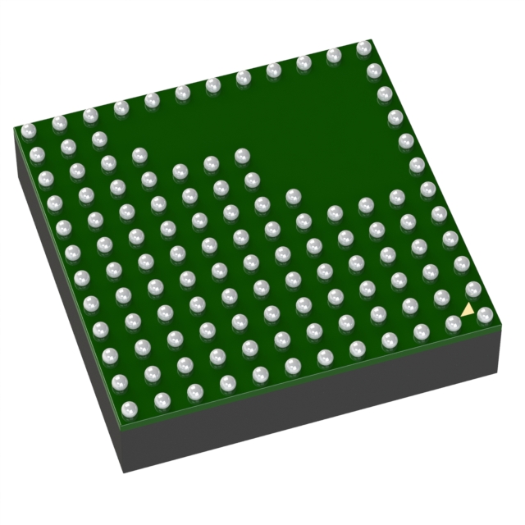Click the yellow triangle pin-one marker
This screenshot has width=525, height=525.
pos(467,310)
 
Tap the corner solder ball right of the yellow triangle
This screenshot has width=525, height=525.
pos(485,316)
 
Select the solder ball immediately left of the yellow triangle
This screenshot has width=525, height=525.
pos(453,324)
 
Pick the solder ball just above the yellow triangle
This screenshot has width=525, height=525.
pos(473,290)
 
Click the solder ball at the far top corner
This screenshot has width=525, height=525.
pos(363,49)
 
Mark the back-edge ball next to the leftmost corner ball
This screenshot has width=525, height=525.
pos(59,123)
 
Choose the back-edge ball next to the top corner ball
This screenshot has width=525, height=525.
pos(333,56)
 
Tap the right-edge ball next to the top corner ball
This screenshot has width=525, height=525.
pos(373,71)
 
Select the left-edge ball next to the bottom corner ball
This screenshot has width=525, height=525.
pos(120,381)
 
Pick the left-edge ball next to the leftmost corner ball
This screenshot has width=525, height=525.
pos(36,153)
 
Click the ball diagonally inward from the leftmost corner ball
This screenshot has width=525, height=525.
pos(68,147)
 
